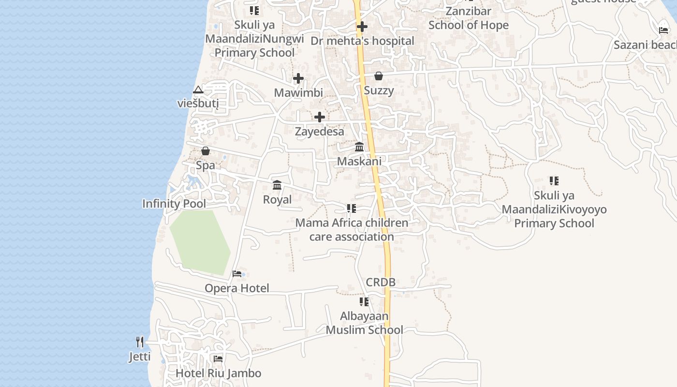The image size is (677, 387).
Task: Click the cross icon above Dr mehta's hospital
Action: click(362, 27)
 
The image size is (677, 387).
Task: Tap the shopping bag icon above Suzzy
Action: click(379, 76)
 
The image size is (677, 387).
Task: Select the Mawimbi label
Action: click(298, 92)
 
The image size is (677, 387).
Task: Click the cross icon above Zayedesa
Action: click(320, 117)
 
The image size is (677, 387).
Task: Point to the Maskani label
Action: click(359, 161)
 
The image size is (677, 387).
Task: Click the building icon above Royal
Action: click(277, 185)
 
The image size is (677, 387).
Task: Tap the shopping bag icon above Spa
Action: click(206, 151)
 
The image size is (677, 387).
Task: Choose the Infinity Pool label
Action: click(174, 204)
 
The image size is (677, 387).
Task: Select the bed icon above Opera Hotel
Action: click(237, 274)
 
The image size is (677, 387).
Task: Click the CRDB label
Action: click(381, 282)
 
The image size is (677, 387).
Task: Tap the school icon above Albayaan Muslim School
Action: click(364, 302)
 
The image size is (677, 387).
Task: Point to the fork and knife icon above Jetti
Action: click(140, 342)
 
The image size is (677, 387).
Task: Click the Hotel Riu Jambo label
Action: click(218, 373)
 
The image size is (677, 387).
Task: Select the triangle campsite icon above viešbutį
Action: click(198, 90)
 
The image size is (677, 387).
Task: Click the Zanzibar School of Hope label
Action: click(469, 18)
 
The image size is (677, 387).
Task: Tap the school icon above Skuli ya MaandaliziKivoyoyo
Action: click(554, 181)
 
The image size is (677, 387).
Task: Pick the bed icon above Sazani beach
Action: click(663, 30)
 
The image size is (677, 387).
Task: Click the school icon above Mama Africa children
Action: click(352, 208)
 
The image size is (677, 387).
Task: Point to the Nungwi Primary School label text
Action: click(255, 45)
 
